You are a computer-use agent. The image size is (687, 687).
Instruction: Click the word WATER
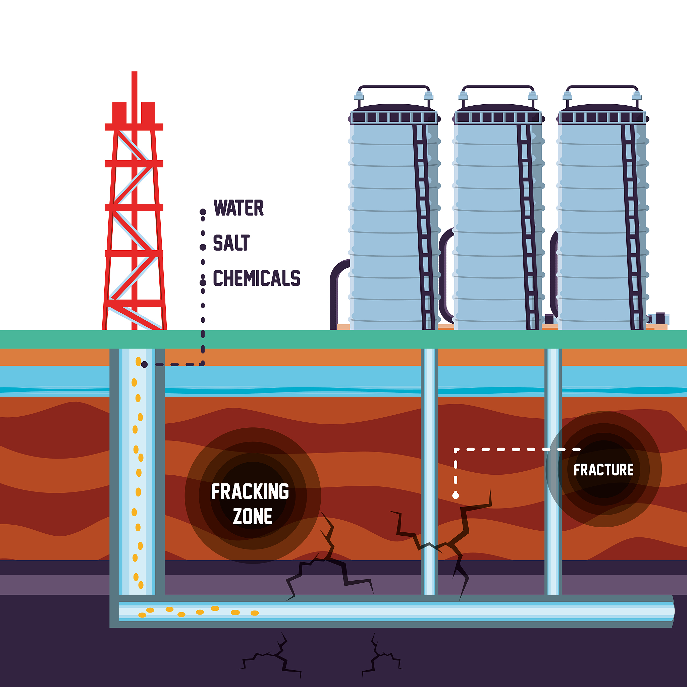tap(239, 208)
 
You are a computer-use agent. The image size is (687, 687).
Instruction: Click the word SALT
tap(231, 243)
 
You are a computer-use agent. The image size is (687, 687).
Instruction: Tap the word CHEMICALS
tap(256, 278)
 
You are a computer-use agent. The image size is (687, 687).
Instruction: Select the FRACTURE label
tap(603, 470)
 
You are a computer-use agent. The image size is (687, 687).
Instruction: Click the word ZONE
tap(253, 516)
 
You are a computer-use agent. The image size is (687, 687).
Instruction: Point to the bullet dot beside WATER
tap(203, 212)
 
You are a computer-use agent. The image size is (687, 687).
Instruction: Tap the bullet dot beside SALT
tap(203, 247)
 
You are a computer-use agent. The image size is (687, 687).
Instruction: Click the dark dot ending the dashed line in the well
tap(144, 365)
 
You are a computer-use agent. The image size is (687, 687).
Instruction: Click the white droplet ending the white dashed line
tap(456, 495)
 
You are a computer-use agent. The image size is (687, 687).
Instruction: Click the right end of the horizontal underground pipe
tap(673, 611)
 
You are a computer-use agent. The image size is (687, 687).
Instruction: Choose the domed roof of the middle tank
tap(498, 107)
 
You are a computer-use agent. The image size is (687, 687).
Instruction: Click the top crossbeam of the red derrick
tap(134, 127)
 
